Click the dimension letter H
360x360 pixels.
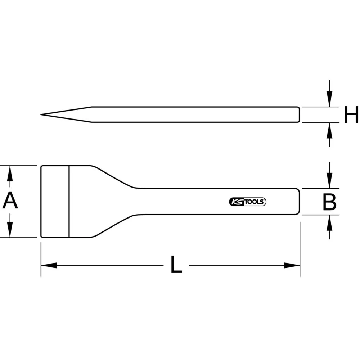(x=351, y=115)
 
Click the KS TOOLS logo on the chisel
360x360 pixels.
(x=247, y=202)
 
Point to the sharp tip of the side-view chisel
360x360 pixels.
(x=42, y=115)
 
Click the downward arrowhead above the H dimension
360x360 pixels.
(x=329, y=100)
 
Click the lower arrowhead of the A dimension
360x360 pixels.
(x=10, y=230)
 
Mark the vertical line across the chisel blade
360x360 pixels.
(x=69, y=202)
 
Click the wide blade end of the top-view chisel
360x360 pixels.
(x=54, y=202)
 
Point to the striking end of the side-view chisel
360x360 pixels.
(x=298, y=114)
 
